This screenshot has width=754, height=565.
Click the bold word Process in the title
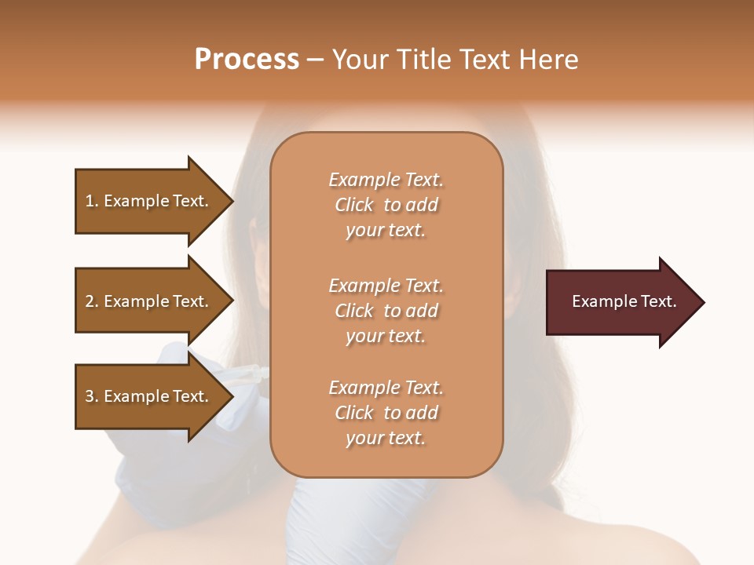point(247,60)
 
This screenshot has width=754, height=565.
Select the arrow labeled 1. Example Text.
point(149,201)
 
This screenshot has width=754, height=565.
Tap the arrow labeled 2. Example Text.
point(149,301)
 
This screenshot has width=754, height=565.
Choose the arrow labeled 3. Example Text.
point(149,396)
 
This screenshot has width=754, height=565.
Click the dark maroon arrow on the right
point(620,302)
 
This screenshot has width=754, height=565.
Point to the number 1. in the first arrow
point(92,201)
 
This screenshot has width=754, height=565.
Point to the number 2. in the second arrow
point(92,301)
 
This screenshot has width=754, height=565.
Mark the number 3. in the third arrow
point(92,396)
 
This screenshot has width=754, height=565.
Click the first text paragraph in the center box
point(386,205)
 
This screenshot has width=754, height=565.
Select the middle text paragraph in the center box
point(386,311)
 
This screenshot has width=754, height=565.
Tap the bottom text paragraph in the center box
point(386,413)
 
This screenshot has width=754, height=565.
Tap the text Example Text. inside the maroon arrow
point(624,301)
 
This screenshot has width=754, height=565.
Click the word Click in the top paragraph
point(354,205)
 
